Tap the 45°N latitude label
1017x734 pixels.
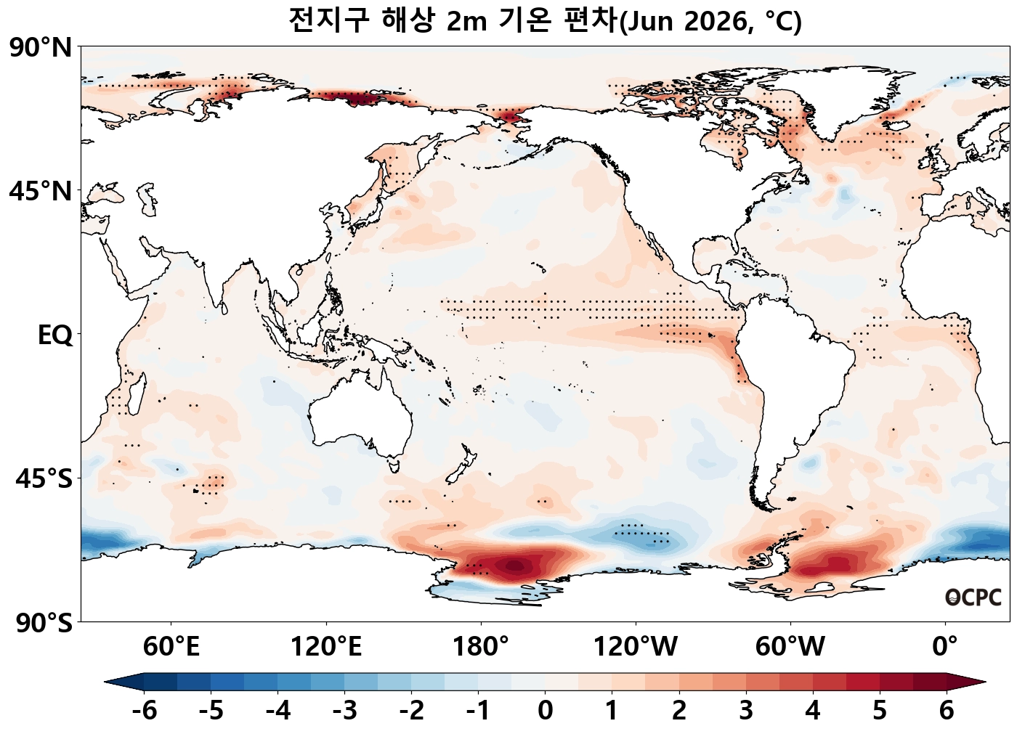point(41,192)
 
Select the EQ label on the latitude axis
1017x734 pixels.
point(54,335)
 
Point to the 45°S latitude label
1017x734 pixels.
point(44,479)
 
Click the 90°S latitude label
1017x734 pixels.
point(42,623)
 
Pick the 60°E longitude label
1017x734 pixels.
point(171,646)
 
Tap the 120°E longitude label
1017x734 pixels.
point(326,646)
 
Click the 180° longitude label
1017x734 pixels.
point(481,646)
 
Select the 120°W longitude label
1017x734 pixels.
point(636,646)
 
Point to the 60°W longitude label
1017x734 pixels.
point(790,646)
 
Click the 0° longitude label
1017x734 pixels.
point(945,646)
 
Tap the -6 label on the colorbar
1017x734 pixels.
point(145,710)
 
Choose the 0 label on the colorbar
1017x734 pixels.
point(546,710)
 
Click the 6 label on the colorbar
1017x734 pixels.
point(947,710)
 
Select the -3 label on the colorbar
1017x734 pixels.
point(345,710)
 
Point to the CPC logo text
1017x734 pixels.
point(973,598)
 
